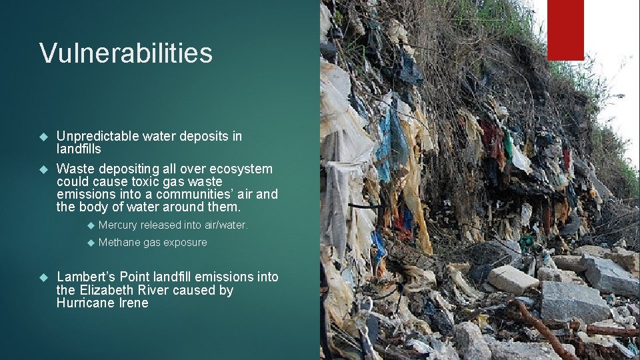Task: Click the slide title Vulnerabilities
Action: pos(126,53)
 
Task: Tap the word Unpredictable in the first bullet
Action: pos(97,136)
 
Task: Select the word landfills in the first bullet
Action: pos(79,149)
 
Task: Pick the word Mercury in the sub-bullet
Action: pos(117,225)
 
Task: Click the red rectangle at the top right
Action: pos(565,30)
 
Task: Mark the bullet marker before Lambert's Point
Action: pos(44,277)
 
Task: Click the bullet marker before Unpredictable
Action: pos(44,136)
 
